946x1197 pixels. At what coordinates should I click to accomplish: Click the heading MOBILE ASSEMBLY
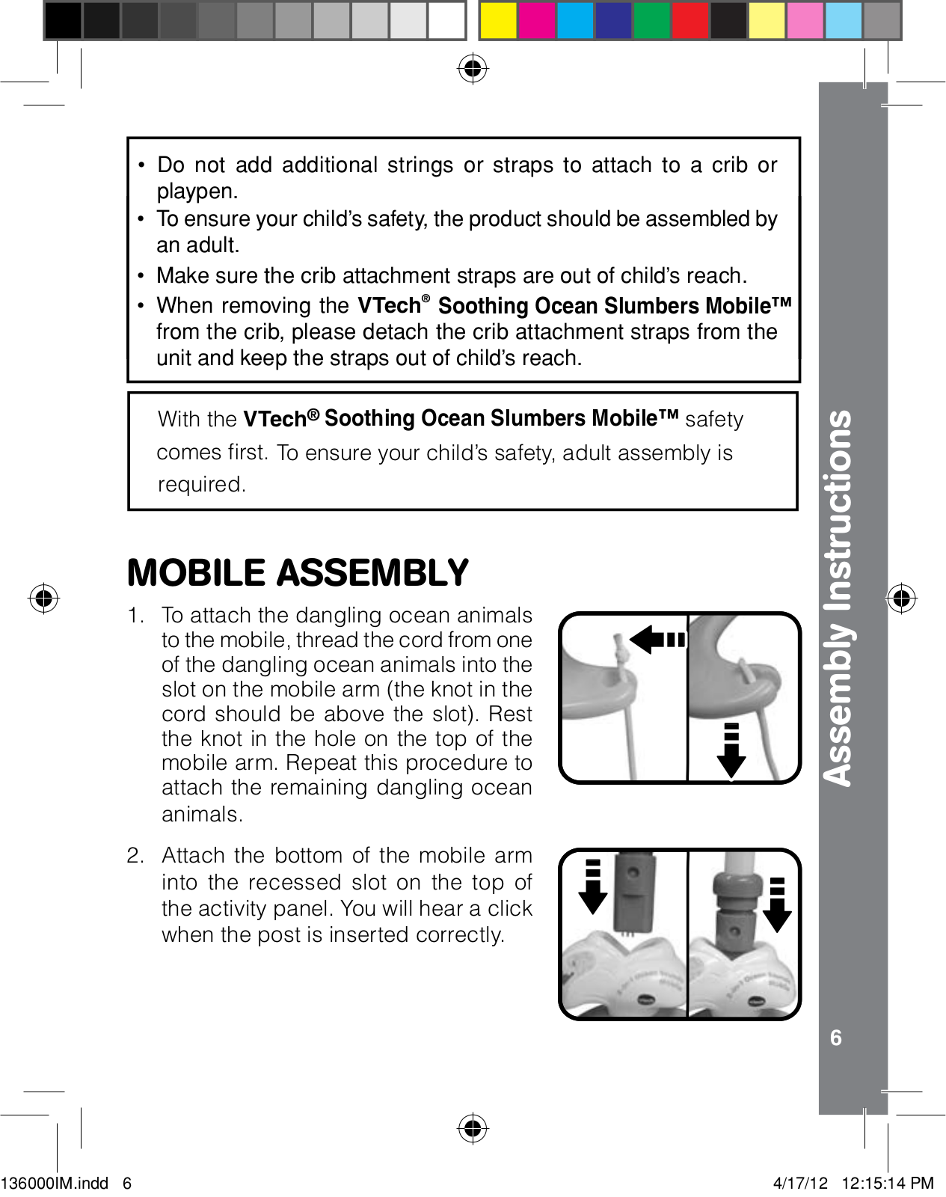(298, 573)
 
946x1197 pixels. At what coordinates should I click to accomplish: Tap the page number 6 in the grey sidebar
(836, 1038)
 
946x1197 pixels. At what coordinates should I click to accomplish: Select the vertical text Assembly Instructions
(838, 598)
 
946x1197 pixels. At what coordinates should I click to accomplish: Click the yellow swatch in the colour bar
(498, 20)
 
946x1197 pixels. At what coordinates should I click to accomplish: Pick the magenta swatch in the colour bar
(536, 20)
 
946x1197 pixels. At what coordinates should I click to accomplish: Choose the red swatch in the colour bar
(689, 20)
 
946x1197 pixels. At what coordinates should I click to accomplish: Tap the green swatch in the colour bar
(651, 20)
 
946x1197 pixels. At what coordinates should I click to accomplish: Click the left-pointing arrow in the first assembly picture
(657, 640)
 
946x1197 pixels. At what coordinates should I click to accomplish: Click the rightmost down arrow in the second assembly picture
(777, 904)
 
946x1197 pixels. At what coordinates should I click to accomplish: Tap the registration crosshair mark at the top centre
(473, 69)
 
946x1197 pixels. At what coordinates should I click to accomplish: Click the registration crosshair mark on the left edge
(44, 598)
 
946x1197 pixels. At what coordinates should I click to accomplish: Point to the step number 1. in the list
(135, 616)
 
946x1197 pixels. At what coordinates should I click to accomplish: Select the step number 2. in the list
(135, 856)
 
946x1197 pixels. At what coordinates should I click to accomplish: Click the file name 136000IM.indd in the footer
(55, 1183)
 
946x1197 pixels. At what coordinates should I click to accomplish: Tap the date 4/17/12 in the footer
(800, 1183)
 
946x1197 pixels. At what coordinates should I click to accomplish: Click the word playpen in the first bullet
(197, 192)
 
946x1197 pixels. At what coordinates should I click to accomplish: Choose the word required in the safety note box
(201, 485)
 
